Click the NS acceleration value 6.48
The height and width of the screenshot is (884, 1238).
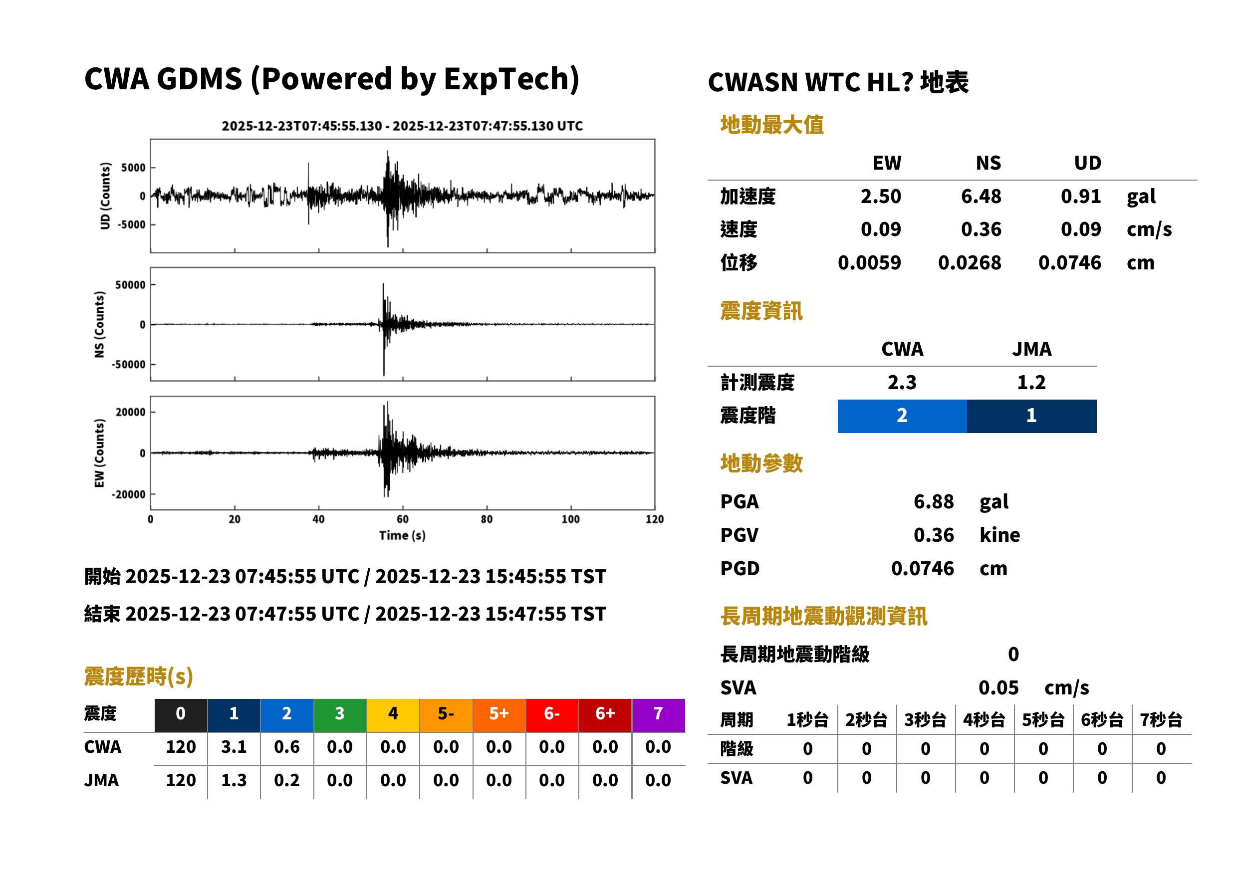(x=981, y=196)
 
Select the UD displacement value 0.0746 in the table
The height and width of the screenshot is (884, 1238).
(x=1069, y=263)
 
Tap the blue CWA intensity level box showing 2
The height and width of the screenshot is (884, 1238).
(x=902, y=416)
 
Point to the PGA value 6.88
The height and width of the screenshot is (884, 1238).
(x=934, y=501)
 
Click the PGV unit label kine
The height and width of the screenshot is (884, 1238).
(x=999, y=535)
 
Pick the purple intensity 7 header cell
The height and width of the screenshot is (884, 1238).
(x=658, y=713)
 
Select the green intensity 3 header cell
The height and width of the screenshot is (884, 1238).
(x=340, y=713)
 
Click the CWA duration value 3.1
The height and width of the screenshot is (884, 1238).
(x=234, y=747)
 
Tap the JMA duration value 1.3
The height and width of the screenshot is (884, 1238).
(x=234, y=781)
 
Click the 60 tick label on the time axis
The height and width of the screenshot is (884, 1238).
(x=402, y=519)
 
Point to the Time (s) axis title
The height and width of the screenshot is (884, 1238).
(x=402, y=536)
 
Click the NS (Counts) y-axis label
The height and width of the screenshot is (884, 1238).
(x=99, y=324)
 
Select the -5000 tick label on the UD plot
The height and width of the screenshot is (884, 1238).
(x=131, y=224)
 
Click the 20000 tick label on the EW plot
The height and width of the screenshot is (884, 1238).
(x=130, y=412)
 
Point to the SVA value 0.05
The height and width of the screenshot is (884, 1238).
(x=998, y=688)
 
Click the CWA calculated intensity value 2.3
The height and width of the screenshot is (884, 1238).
(x=902, y=383)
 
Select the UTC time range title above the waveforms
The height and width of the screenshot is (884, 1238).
(x=402, y=126)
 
